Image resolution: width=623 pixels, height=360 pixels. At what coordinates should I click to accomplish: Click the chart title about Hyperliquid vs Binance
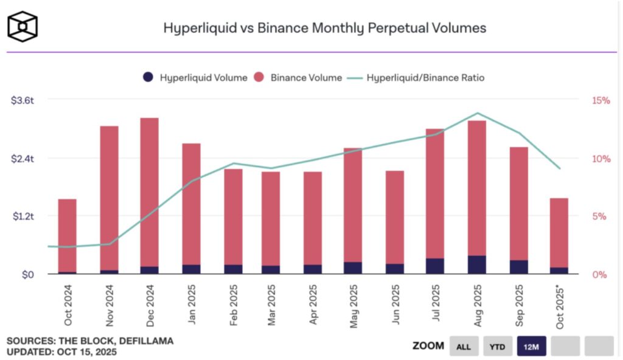coord(324,28)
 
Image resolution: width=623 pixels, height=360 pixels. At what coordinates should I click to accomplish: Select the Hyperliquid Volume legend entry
coord(196,78)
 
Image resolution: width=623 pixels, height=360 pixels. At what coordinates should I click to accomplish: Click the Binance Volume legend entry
coord(298,78)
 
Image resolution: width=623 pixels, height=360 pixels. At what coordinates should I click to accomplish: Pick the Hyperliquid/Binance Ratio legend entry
coord(417,78)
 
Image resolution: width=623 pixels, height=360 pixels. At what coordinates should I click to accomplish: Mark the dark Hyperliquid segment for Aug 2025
coord(477,265)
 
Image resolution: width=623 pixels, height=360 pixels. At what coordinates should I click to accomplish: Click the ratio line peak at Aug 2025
coord(478,113)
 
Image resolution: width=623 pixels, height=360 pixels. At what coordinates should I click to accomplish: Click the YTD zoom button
coord(498,347)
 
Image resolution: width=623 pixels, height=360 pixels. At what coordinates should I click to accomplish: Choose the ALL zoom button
coord(464,347)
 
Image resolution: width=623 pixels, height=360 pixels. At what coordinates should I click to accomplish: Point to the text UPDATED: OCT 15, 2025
coord(61,351)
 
